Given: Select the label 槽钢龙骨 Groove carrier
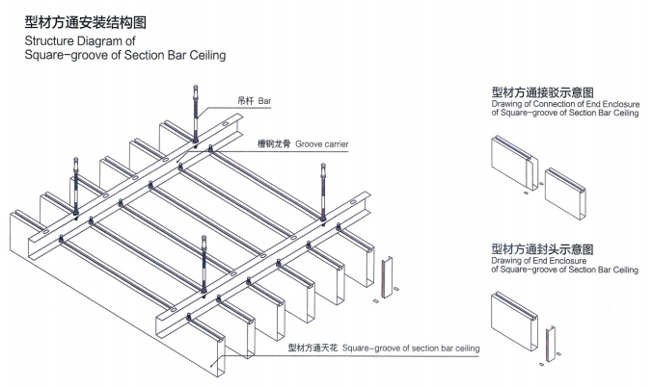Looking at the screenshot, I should [x=301, y=143].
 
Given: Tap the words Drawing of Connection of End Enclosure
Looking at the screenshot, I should [x=562, y=106].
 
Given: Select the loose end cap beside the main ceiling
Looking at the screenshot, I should [x=390, y=280].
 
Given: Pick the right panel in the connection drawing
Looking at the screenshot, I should [x=570, y=188].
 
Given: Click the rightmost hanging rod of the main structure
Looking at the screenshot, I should [x=325, y=193].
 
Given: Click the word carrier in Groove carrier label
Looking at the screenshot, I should [x=330, y=143].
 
